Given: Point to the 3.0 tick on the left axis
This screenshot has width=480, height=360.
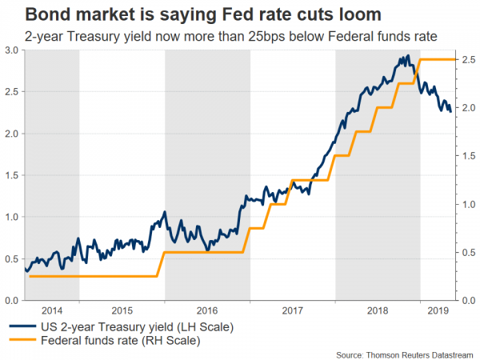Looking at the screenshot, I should click(14, 50).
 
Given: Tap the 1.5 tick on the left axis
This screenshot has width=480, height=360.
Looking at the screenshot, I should click(14, 175).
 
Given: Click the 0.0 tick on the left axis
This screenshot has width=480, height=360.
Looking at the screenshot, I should click(14, 300).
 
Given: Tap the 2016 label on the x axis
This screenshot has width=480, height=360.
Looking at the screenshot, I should click(206, 309).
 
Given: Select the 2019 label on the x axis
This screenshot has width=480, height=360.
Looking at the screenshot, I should click(437, 309).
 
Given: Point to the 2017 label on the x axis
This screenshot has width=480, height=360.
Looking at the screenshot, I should click(293, 309).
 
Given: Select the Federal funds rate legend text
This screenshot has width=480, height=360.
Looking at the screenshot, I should click(114, 342).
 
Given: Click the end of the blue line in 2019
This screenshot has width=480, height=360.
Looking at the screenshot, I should click(450, 111).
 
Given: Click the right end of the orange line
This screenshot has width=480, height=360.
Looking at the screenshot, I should click(456, 59).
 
